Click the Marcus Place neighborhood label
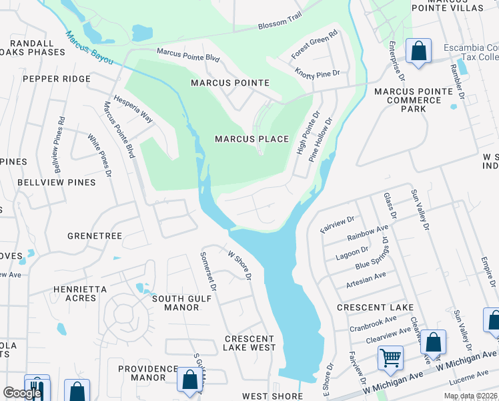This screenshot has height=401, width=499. [x=252, y=139]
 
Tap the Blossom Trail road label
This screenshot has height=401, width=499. [x=280, y=25]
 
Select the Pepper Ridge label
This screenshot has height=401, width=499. [x=56, y=79]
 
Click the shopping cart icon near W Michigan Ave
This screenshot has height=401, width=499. [x=390, y=357]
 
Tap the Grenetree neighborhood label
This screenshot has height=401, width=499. [x=94, y=236]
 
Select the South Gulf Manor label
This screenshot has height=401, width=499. [x=175, y=303]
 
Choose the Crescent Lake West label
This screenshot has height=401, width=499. [x=249, y=343]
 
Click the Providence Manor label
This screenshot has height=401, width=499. [x=147, y=373]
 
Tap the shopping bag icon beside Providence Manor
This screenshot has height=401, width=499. [x=190, y=378]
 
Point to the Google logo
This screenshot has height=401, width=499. [x=22, y=393]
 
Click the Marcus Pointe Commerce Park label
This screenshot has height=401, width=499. [x=408, y=100]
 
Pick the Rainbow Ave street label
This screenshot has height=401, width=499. [x=368, y=233]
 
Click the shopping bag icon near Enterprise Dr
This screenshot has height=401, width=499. [x=418, y=51]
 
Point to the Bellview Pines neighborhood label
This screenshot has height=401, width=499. [x=56, y=182]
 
